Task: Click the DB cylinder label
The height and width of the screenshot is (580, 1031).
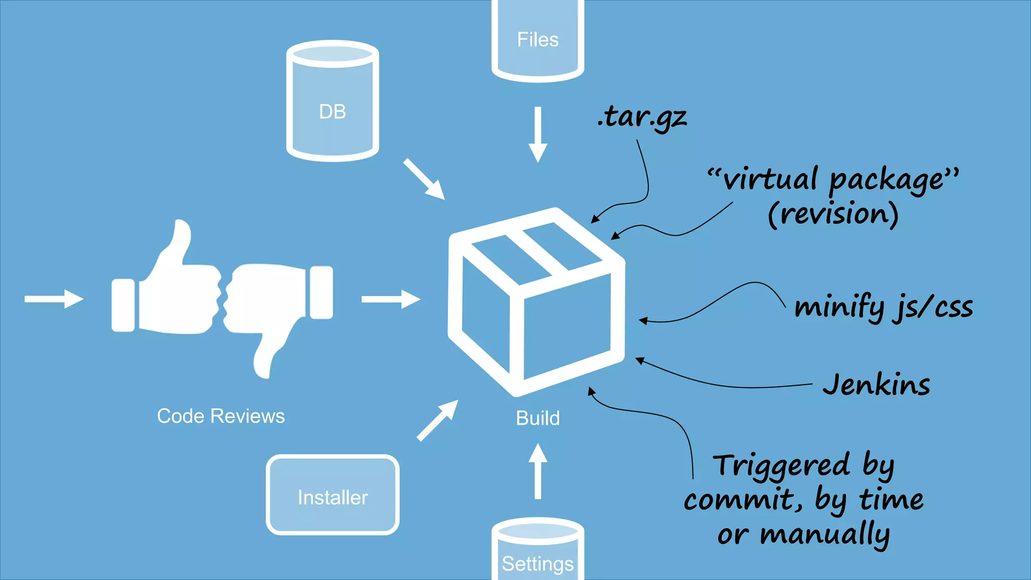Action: (x=332, y=112)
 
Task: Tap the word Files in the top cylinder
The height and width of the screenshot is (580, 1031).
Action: (x=538, y=40)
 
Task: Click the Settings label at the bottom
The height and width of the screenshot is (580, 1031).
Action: (x=538, y=563)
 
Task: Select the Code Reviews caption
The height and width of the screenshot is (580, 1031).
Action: (x=220, y=416)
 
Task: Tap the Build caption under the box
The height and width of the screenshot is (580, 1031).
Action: (x=538, y=418)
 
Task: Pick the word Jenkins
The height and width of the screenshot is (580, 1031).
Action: (x=876, y=385)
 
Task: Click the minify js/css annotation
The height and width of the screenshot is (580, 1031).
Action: (x=883, y=307)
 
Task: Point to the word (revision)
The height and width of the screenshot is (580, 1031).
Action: (x=833, y=214)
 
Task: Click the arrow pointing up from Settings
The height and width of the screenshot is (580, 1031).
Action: (x=538, y=471)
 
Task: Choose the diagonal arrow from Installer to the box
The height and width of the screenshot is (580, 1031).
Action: (x=437, y=421)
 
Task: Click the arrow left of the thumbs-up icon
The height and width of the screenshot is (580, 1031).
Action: (x=53, y=299)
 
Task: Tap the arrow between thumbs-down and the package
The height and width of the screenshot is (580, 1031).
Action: (x=391, y=299)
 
